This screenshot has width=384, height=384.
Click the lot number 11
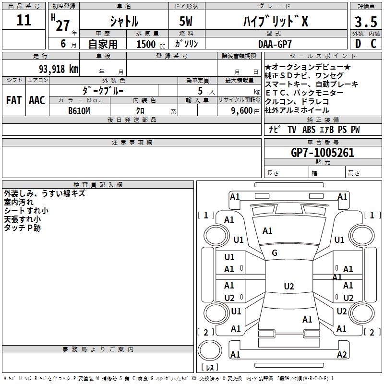pos(24,21)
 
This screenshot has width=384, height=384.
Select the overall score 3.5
pos(365,22)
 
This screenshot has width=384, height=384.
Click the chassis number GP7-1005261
pos(323,153)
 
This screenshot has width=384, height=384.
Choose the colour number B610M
pos(80,110)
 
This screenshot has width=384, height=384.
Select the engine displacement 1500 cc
pos(146,44)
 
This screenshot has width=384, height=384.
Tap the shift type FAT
pos(13,100)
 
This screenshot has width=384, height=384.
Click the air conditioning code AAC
pos(36,100)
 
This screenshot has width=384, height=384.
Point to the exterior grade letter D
pos(358,44)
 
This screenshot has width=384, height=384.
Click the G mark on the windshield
pos(275,253)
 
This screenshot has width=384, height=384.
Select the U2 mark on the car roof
pos(288,287)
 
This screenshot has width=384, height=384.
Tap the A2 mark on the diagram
pos(342,355)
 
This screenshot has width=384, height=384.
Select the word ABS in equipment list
pos(309,130)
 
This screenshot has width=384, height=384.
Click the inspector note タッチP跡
pos(22,228)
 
